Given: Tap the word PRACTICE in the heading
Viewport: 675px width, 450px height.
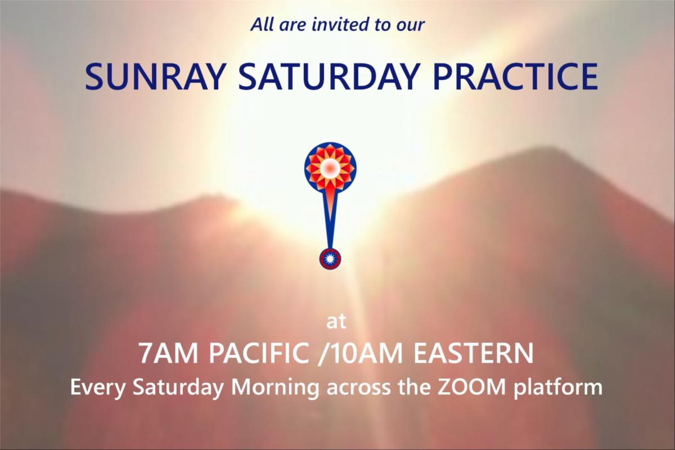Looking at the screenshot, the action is (515, 76).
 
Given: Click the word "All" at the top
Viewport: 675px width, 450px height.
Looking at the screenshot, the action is (262, 24).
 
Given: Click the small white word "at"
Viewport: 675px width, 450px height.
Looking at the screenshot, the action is (336, 322).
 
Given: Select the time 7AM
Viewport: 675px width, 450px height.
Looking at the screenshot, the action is (168, 353).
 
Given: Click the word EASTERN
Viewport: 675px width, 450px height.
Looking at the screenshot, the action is (474, 353).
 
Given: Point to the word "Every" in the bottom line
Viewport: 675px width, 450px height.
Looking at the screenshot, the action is (97, 388).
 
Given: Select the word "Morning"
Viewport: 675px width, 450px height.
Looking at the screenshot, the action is (275, 388).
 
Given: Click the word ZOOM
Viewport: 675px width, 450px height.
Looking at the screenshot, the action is (471, 387).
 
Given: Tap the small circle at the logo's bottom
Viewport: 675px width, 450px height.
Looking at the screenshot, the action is (330, 259).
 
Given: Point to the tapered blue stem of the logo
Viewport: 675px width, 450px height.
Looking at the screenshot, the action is (330, 222).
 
